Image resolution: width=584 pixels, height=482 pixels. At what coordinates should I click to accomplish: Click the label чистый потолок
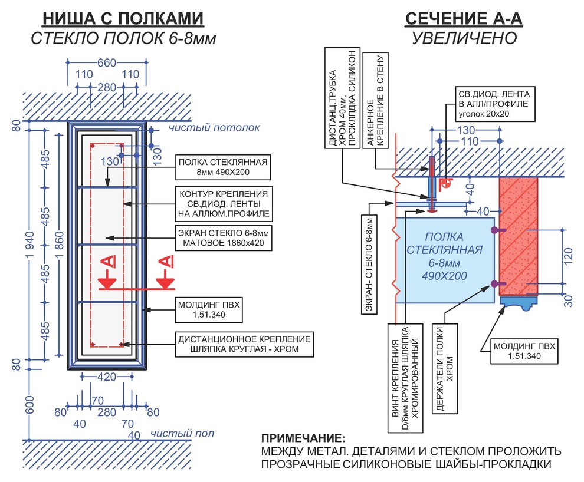(x=214, y=127)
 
